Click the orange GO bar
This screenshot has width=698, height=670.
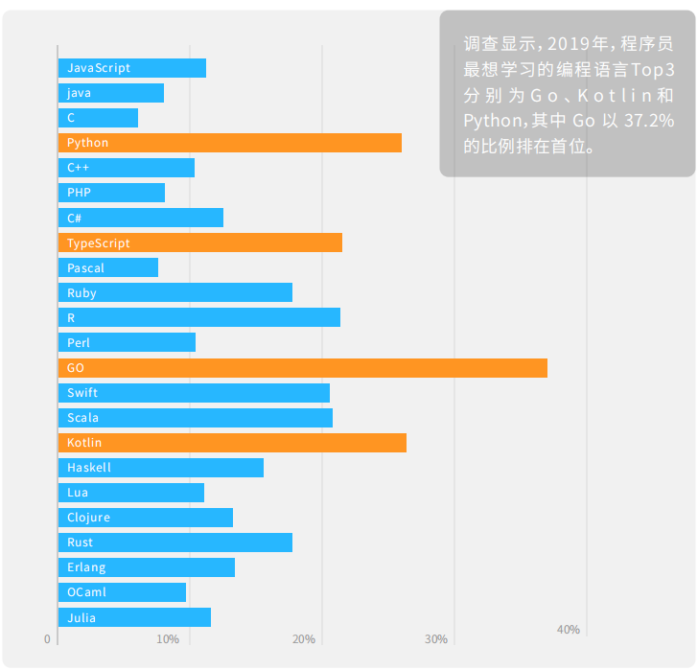pyautogui.click(x=302, y=368)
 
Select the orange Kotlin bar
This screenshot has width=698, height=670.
pyautogui.click(x=232, y=443)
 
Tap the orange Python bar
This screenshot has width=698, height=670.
pyautogui.click(x=229, y=143)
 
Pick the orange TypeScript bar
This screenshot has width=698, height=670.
pyautogui.click(x=199, y=243)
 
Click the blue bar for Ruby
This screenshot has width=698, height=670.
pyautogui.click(x=174, y=293)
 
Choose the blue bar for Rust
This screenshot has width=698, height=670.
pyautogui.click(x=174, y=543)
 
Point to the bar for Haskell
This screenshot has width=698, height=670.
pyautogui.click(x=160, y=468)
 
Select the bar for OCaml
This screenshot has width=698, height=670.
pyautogui.click(x=122, y=592)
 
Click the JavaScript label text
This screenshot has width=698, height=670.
pyautogui.click(x=99, y=68)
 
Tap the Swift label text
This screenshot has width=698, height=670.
pyautogui.click(x=82, y=393)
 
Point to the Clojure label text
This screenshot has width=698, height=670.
pyautogui.click(x=89, y=518)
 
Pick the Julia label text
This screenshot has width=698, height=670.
pyautogui.click(x=81, y=618)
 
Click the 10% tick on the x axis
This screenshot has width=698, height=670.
pyautogui.click(x=168, y=639)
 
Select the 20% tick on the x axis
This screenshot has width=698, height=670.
pyautogui.click(x=304, y=639)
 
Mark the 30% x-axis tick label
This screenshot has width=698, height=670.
pyautogui.click(x=436, y=639)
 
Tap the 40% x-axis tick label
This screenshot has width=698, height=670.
pyautogui.click(x=569, y=630)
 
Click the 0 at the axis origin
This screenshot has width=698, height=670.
pyautogui.click(x=47, y=639)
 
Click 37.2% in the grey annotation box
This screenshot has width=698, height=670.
pyautogui.click(x=649, y=122)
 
